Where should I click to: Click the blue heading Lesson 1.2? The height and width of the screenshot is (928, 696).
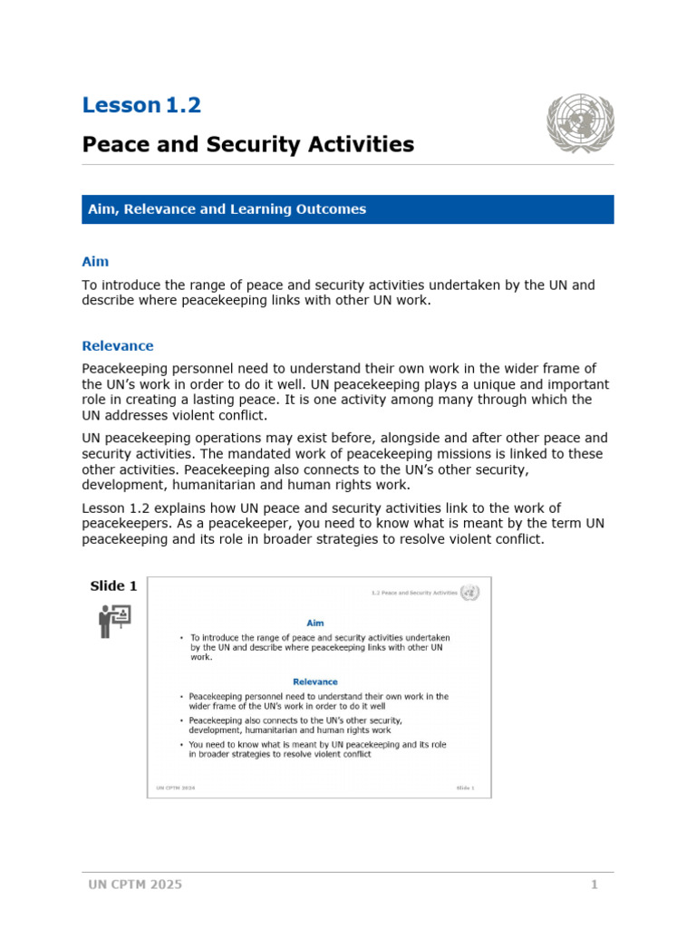pos(141,105)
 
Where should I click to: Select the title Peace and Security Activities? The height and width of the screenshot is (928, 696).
pos(248,144)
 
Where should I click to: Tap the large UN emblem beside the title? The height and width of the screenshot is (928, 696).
pos(580,124)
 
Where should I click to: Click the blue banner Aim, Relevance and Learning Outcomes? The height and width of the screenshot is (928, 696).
pos(227,209)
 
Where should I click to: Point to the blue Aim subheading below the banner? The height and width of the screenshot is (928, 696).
pos(95,262)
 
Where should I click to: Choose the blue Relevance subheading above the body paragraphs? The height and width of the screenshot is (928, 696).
pos(118,346)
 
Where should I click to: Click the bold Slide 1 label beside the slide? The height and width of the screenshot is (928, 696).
pos(113,586)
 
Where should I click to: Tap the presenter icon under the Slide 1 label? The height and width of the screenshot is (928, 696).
pos(114,622)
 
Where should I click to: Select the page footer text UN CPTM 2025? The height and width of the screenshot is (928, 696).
pos(135,884)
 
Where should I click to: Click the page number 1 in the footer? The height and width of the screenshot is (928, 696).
pos(594,884)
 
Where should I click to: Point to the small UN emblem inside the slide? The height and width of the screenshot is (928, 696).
pos(469,593)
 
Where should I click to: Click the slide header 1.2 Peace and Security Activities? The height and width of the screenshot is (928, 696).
pos(414,593)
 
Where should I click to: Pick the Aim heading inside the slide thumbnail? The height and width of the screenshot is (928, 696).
pos(314,623)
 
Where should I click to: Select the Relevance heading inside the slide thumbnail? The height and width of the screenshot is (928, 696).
pos(314,681)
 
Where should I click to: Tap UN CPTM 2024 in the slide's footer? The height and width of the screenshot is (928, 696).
pos(175,788)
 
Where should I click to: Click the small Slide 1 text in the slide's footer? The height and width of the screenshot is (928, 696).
pos(465,788)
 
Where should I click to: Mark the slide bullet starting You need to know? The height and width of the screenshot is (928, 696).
pos(317,749)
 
